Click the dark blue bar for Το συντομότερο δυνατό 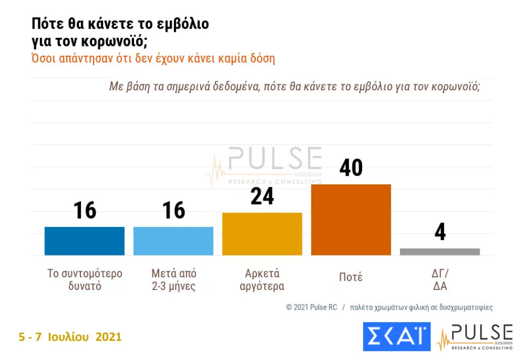(84, 241)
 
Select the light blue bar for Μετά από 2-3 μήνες (173, 241)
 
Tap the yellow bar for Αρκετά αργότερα (262, 234)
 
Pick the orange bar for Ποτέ (351, 219)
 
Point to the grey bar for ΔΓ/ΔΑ (440, 252)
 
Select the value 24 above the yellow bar (262, 196)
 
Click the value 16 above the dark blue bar (84, 210)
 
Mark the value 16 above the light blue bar (173, 210)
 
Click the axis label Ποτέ (351, 277)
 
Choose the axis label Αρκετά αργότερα (262, 280)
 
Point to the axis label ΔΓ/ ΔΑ (440, 280)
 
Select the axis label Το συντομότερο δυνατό (85, 280)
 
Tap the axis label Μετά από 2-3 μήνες (173, 280)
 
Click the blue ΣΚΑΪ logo (397, 336)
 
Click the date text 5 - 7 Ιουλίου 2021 (70, 337)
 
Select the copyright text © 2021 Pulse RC (311, 307)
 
